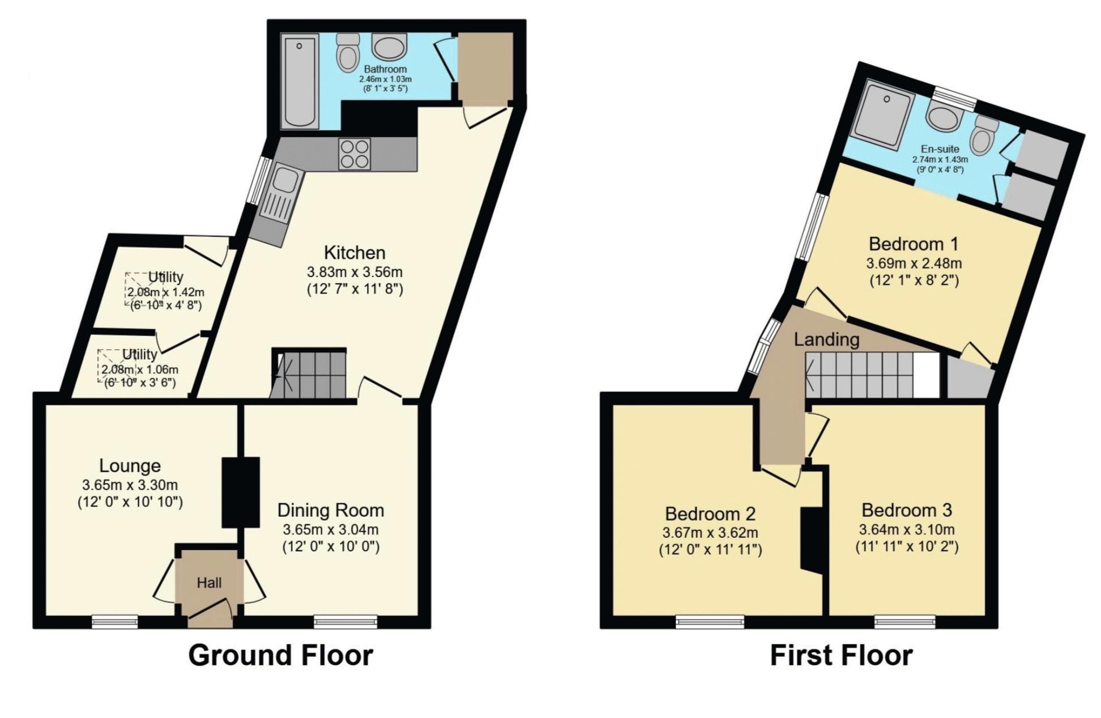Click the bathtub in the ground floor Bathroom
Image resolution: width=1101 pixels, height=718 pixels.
tap(300, 81)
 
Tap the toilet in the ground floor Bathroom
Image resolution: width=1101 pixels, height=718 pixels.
tap(348, 51)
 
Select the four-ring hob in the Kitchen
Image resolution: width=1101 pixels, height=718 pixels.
tap(355, 154)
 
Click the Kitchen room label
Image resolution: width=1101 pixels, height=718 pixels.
tap(355, 252)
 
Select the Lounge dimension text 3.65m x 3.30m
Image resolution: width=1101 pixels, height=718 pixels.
tap(130, 485)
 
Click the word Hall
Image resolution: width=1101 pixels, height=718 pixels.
tap(209, 583)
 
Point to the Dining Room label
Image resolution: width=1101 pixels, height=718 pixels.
tap(331, 510)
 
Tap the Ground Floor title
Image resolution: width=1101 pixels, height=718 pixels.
tap(280, 655)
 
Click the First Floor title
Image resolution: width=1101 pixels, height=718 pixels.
tap(841, 655)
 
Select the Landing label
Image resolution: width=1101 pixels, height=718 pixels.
tap(826, 339)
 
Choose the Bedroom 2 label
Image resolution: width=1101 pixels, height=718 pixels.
tap(710, 513)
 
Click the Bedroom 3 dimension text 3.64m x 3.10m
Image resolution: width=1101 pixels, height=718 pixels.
tap(907, 530)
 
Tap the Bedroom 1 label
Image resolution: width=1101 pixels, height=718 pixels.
tap(914, 244)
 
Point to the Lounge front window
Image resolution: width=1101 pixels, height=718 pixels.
tap(115, 622)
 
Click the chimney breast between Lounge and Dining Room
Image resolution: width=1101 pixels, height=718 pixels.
tap(241, 492)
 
